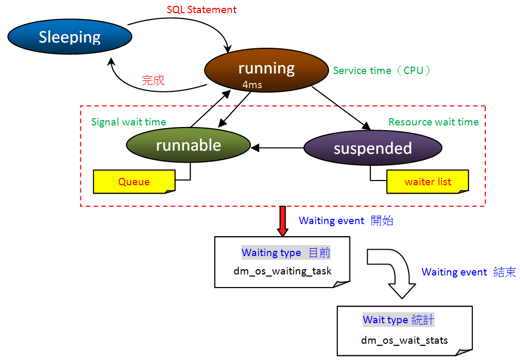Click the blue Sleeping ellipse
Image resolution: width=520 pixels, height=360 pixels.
[70, 37]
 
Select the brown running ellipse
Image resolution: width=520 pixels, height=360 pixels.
[267, 69]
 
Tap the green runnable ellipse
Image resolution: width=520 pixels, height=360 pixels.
[188, 145]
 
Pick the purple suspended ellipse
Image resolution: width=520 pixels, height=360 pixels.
[373, 148]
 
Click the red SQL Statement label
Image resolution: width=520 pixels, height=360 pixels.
[201, 10]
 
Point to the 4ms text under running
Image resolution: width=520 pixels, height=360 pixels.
[252, 84]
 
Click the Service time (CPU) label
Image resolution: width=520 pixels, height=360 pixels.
[381, 70]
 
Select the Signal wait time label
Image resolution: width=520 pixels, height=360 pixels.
[129, 122]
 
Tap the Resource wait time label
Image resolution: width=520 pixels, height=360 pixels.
[433, 122]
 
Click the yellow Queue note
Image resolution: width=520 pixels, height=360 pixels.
[134, 182]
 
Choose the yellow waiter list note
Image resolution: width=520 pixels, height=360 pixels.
[427, 182]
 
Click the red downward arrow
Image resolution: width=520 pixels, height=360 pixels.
[283, 220]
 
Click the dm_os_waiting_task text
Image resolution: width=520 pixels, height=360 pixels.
[282, 271]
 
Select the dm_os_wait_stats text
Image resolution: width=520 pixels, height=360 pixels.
[404, 340]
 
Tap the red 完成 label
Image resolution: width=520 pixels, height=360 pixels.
[153, 80]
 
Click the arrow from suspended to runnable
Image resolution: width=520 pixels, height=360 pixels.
[278, 148]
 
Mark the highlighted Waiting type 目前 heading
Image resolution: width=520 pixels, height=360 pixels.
[286, 252]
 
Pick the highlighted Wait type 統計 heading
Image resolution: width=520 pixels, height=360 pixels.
[398, 320]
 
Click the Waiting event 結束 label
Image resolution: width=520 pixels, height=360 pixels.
[469, 272]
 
